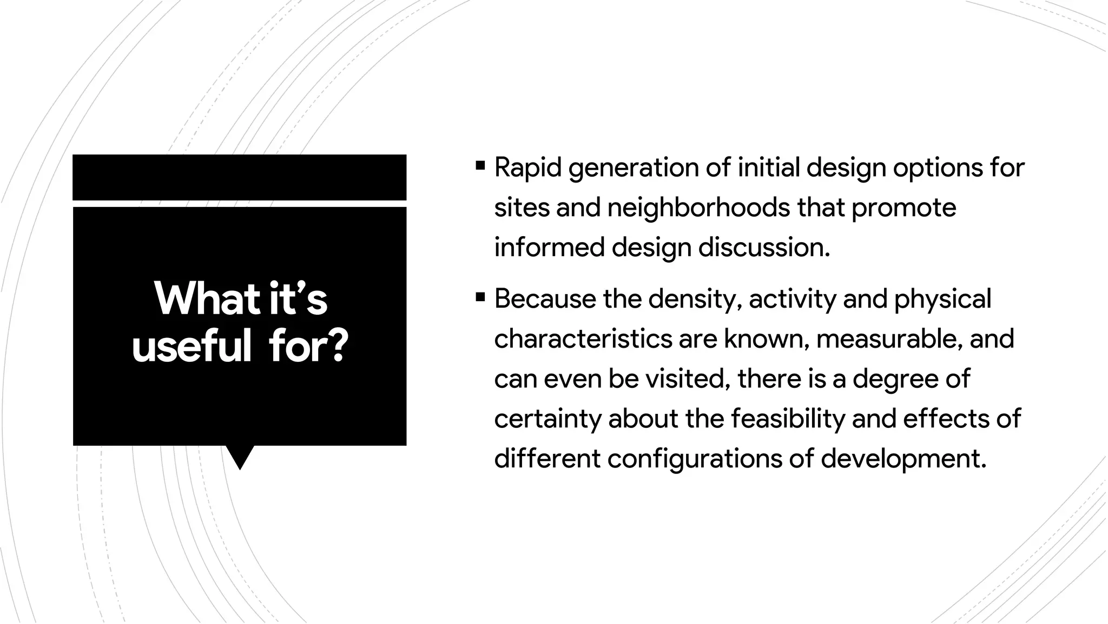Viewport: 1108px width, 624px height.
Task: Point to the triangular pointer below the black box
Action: (240, 456)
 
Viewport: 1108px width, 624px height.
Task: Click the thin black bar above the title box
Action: (239, 177)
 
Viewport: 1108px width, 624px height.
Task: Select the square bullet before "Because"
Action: (480, 297)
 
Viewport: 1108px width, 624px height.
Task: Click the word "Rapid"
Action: (528, 168)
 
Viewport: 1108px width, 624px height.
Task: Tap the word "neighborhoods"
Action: (698, 207)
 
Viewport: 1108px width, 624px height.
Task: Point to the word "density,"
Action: (695, 300)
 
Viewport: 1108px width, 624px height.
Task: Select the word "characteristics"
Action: (583, 339)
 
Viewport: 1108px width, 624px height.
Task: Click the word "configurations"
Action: (694, 459)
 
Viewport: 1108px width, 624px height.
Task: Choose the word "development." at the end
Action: (904, 459)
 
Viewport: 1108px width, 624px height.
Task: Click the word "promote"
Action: (903, 208)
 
